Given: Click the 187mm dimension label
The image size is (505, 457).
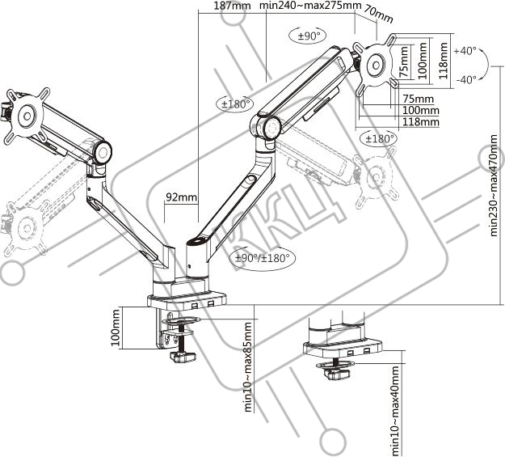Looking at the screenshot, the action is (x=228, y=6).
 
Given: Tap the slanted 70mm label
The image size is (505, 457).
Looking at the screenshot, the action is (x=378, y=15).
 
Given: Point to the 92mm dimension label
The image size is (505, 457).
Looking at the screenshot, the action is (x=181, y=197).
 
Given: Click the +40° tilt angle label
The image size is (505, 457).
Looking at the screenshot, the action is (x=465, y=51).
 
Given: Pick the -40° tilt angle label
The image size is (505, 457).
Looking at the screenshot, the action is (x=466, y=79).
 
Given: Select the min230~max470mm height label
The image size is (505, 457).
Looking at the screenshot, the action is (x=494, y=185).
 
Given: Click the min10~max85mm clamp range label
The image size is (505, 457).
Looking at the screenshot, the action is (x=248, y=366).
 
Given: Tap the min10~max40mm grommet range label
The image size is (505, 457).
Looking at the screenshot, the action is (x=394, y=409).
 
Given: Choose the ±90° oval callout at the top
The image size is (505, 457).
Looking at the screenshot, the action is (x=308, y=36).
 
